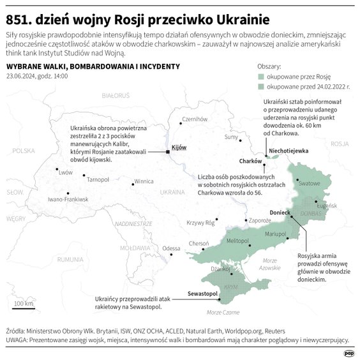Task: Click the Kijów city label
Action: [x=179, y=147]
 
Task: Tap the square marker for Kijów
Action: [x=167, y=152]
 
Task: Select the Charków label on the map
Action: [x=251, y=161]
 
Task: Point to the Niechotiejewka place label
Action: [x=289, y=151]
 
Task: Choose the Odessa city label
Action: [x=172, y=248]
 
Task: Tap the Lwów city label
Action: [x=65, y=172]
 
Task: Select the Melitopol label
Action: [x=237, y=240]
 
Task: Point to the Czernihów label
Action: [x=195, y=119]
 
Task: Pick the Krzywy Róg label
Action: [x=200, y=222]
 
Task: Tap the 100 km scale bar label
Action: [x=24, y=303]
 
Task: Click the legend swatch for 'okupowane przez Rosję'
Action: [x=261, y=75]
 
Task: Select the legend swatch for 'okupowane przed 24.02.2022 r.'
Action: [x=261, y=85]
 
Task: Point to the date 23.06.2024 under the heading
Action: [x=22, y=76]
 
